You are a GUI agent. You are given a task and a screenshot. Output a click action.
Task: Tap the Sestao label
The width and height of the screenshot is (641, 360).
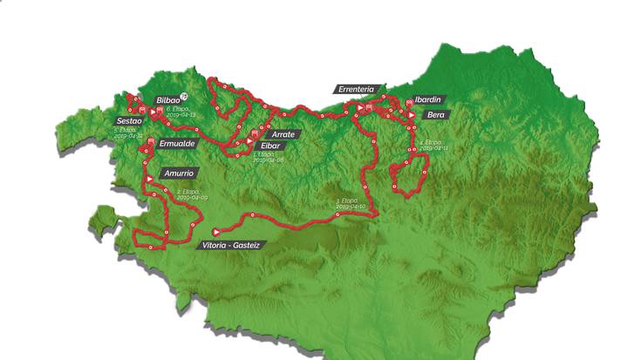click(129, 121)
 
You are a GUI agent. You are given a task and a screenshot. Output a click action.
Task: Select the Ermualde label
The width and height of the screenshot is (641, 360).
click(178, 142)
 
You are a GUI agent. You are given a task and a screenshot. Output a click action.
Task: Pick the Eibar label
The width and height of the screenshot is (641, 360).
click(269, 146)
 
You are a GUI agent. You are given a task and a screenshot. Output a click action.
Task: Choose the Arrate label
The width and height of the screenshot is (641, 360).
click(282, 134)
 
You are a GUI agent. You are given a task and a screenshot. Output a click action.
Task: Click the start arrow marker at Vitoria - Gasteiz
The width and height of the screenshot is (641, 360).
click(215, 233)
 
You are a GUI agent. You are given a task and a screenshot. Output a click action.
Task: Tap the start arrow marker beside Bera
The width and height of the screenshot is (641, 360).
click(410, 113)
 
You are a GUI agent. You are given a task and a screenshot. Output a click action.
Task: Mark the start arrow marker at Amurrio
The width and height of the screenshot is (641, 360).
click(150, 177)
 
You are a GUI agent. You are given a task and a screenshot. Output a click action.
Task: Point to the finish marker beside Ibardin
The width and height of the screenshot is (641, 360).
click(409, 103)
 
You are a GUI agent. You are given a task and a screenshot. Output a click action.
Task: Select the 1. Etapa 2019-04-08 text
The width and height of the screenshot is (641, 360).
click(267, 158)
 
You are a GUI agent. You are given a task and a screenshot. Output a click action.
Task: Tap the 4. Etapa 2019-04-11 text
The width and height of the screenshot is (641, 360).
click(433, 146)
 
